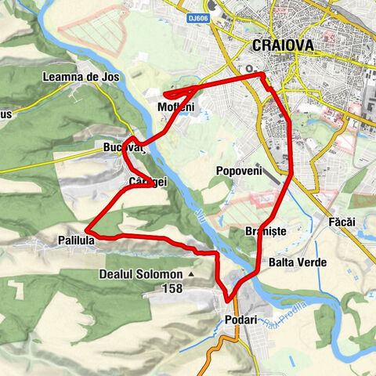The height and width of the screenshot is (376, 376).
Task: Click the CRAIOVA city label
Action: [284, 46]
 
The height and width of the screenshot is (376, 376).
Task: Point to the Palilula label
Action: [76, 240]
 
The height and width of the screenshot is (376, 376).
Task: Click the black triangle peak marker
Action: [190, 275]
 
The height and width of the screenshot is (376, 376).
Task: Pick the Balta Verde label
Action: [297, 262]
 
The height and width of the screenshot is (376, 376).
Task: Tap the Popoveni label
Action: [237, 170]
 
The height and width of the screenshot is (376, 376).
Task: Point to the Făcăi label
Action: [342, 222]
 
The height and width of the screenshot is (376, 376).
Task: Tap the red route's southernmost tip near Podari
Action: [228, 299]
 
